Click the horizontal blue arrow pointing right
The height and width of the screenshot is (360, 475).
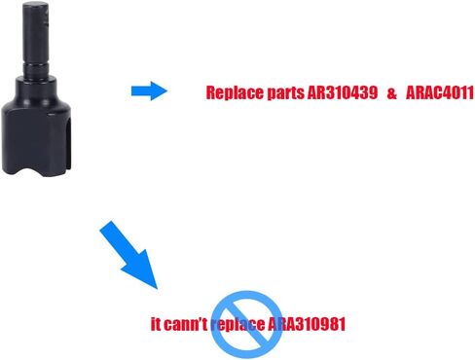click(x=149, y=90)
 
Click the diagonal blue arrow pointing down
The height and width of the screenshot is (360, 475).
click(x=129, y=254)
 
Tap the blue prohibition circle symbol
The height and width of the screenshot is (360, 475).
click(x=247, y=324)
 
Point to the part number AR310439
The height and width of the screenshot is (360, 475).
click(x=343, y=92)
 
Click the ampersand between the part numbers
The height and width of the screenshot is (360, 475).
click(x=391, y=93)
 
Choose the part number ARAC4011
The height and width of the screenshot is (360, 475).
click(x=440, y=93)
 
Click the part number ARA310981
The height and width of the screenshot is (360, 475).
click(x=307, y=324)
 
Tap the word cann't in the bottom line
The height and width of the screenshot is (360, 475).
click(x=185, y=324)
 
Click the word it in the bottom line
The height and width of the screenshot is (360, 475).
click(x=156, y=324)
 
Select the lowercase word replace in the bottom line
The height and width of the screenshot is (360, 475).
click(x=237, y=325)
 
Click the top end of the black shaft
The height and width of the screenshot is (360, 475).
click(x=36, y=5)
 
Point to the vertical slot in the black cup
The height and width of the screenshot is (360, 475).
click(x=67, y=144)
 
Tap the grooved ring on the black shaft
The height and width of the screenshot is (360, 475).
click(x=36, y=70)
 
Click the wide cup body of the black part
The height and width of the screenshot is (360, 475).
click(x=36, y=136)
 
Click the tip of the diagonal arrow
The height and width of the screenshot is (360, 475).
click(x=158, y=289)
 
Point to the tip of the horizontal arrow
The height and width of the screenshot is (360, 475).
click(x=167, y=90)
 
